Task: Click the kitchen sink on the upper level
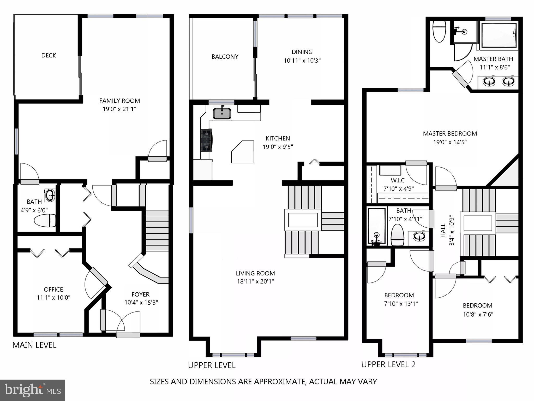[222, 114]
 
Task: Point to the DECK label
[49, 55]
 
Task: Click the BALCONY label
[225, 57]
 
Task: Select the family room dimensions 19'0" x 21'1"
[119, 109]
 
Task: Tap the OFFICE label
[53, 289]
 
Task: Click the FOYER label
[141, 294]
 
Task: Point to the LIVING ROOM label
[255, 273]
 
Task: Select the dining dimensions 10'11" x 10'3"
[302, 61]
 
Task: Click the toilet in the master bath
[439, 32]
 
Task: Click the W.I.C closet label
[398, 180]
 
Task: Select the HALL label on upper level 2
[443, 230]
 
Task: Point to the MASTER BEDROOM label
[450, 134]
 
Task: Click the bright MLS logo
[33, 390]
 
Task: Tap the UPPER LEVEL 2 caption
[388, 364]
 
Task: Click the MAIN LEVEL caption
[34, 345]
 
